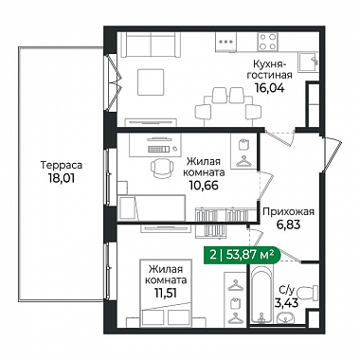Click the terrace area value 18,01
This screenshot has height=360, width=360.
pos(62,178)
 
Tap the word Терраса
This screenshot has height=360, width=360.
pos(62,165)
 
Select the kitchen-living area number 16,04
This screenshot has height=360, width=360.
pos(270,88)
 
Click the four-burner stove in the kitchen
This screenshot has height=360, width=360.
pos(267,42)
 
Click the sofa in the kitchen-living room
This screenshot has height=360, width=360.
pos(151,45)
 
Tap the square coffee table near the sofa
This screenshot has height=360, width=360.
pos(151,82)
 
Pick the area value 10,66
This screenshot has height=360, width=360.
pos(204,185)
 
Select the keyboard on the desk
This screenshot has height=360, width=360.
pos(157,149)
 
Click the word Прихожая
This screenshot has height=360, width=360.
pos(289,211)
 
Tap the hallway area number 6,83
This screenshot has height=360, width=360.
pos(287,225)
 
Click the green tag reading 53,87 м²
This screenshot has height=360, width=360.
pos(242,255)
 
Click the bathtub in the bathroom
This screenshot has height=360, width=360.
pos(262,293)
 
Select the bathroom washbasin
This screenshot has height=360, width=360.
pos(286,317)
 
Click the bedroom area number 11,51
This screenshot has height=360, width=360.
pos(166,293)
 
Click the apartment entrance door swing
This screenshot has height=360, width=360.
pos(333,155)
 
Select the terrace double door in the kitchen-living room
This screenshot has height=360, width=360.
pos(114,82)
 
